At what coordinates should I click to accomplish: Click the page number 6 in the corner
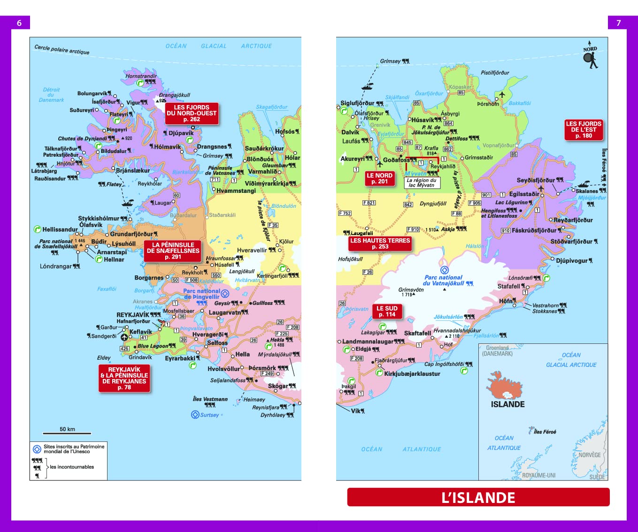[x=19, y=23]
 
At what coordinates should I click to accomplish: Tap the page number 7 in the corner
[x=618, y=23]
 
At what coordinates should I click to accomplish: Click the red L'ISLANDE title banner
[x=478, y=497]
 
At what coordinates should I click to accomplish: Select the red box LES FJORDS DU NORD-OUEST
[x=192, y=114]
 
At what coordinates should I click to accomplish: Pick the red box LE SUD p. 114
[x=387, y=312]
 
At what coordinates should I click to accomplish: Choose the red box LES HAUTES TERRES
[x=380, y=243]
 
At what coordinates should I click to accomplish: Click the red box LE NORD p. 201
[x=379, y=178]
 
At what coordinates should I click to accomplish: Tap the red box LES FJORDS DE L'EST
[x=584, y=130]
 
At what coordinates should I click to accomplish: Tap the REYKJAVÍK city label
[x=133, y=315]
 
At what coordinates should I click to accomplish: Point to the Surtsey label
[x=209, y=415]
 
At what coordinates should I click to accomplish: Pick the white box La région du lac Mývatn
[x=422, y=182]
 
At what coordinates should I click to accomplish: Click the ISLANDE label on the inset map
[x=507, y=404]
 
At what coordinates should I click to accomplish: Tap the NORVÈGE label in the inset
[x=589, y=455]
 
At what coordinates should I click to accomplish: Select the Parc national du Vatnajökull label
[x=443, y=280]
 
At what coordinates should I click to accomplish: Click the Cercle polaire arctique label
[x=61, y=49]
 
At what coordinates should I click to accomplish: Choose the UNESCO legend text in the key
[x=74, y=449]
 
